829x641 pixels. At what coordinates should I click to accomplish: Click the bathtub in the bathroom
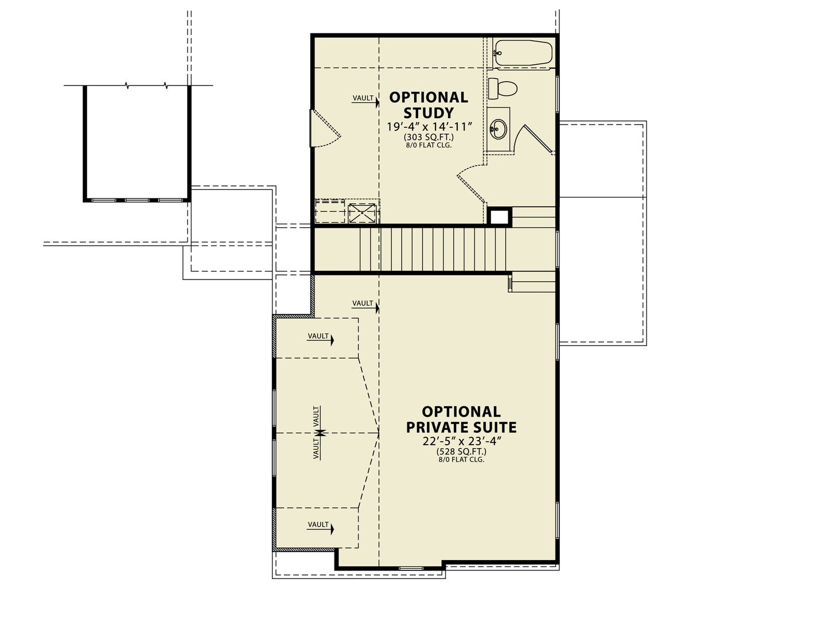click(522, 53)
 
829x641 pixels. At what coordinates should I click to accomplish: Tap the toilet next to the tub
click(503, 88)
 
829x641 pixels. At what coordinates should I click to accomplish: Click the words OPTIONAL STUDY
click(429, 105)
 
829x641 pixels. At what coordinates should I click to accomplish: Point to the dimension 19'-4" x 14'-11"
click(429, 127)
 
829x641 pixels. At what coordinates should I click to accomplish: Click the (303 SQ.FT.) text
click(429, 137)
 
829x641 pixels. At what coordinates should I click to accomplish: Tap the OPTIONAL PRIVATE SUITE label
click(461, 419)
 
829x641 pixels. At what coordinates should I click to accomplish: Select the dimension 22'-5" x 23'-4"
click(461, 441)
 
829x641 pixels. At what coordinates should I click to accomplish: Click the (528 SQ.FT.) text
click(461, 452)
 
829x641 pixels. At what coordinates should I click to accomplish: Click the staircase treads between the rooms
click(433, 250)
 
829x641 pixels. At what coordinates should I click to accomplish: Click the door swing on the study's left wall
click(325, 128)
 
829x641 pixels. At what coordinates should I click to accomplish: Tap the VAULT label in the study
click(363, 98)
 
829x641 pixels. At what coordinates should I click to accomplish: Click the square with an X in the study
click(362, 213)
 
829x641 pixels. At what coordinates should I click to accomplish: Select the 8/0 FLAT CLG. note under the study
click(429, 145)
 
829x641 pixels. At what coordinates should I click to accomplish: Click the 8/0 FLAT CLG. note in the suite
click(461, 460)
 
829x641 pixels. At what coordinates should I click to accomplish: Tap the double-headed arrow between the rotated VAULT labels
click(321, 433)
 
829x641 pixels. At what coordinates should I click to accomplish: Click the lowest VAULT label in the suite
click(318, 525)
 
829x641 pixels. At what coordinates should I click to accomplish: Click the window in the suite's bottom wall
click(411, 568)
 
